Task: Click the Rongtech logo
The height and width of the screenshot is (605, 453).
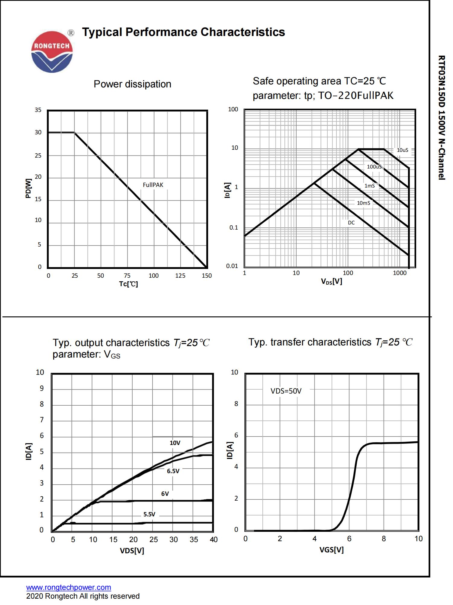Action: click(x=52, y=52)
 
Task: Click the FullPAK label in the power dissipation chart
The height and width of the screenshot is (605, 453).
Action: click(x=153, y=185)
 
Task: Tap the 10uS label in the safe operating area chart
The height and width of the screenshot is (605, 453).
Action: click(x=402, y=150)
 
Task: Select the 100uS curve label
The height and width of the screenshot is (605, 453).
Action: click(x=374, y=167)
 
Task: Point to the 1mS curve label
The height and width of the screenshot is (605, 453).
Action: click(x=369, y=186)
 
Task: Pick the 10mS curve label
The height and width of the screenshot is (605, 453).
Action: click(x=363, y=203)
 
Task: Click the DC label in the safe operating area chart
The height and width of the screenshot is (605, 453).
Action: click(x=351, y=223)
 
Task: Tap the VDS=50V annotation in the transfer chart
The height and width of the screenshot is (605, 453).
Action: click(x=286, y=391)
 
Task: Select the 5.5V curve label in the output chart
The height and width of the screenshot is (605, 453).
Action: click(x=149, y=514)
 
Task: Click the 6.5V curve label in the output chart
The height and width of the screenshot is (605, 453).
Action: click(x=173, y=471)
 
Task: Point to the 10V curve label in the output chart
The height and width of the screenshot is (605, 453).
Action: click(x=175, y=443)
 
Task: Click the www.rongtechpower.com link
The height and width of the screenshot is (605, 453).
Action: click(x=69, y=587)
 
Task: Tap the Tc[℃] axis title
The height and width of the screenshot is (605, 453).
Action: click(x=128, y=284)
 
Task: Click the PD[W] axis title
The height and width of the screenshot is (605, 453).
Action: click(x=28, y=188)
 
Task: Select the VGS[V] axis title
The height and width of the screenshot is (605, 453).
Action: click(x=331, y=550)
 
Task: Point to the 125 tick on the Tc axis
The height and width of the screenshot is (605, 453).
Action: click(x=180, y=276)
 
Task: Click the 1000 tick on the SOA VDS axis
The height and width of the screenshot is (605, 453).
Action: click(x=400, y=273)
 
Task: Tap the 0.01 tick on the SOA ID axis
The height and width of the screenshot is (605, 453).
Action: click(x=232, y=266)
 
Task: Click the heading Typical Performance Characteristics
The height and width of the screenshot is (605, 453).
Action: click(x=183, y=32)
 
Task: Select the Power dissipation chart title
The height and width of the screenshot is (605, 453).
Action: click(x=132, y=84)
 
